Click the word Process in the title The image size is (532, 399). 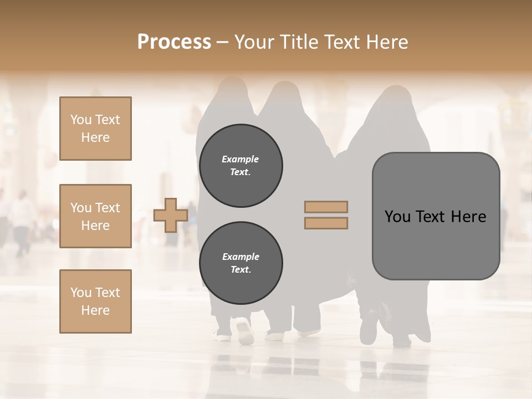[174, 42]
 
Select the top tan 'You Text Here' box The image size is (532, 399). [95, 129]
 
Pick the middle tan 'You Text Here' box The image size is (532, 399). [95, 216]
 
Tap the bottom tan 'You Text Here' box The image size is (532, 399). [95, 301]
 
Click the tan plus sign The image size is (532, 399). [170, 215]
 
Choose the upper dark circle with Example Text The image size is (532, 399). [241, 166]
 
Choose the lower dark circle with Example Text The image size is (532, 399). [241, 263]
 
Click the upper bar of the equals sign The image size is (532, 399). [326, 207]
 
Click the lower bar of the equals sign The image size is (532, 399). [326, 223]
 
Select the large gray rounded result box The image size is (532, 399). [436, 216]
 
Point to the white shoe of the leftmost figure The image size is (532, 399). [244, 331]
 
